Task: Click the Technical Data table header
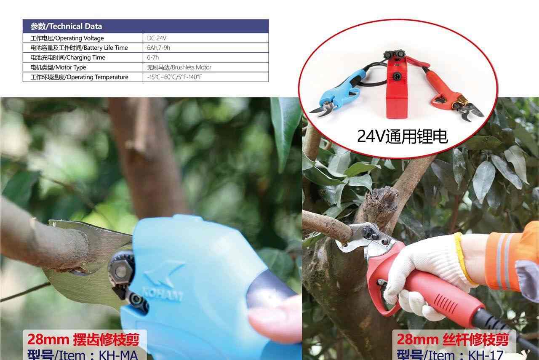tap(66, 26)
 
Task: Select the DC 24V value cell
tap(157, 38)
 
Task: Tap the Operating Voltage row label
tap(67, 38)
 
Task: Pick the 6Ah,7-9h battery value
tap(159, 48)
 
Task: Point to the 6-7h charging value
tap(153, 58)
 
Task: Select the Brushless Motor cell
tap(179, 67)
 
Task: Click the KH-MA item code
tap(118, 355)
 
